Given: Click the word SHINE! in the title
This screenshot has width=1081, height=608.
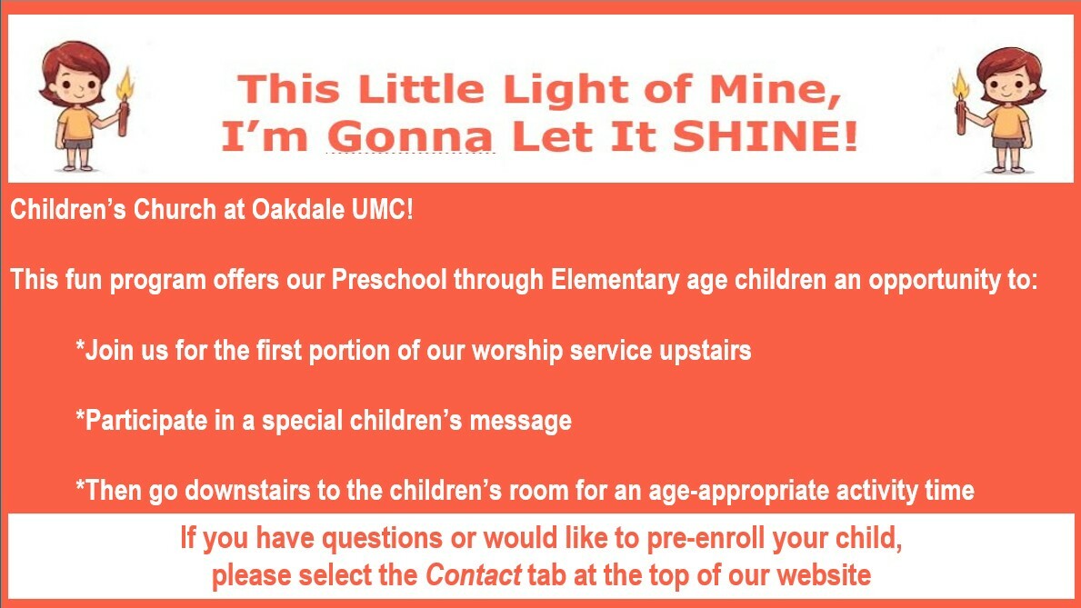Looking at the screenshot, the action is pos(766,135).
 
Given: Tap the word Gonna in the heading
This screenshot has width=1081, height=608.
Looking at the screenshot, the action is pos(410,135).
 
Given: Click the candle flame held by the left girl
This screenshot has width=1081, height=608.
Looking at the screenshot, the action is pos(125,85).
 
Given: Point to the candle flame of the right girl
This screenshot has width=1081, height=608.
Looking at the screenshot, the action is pos(960,85).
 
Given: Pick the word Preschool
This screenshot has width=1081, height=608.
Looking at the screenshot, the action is pos(389,280).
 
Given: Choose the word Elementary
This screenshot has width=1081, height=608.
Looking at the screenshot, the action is pos(615,281).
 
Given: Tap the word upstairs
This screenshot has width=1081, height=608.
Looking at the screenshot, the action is pos(706,352).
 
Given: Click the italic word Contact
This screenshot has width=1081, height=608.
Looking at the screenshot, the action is pos(474,575).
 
